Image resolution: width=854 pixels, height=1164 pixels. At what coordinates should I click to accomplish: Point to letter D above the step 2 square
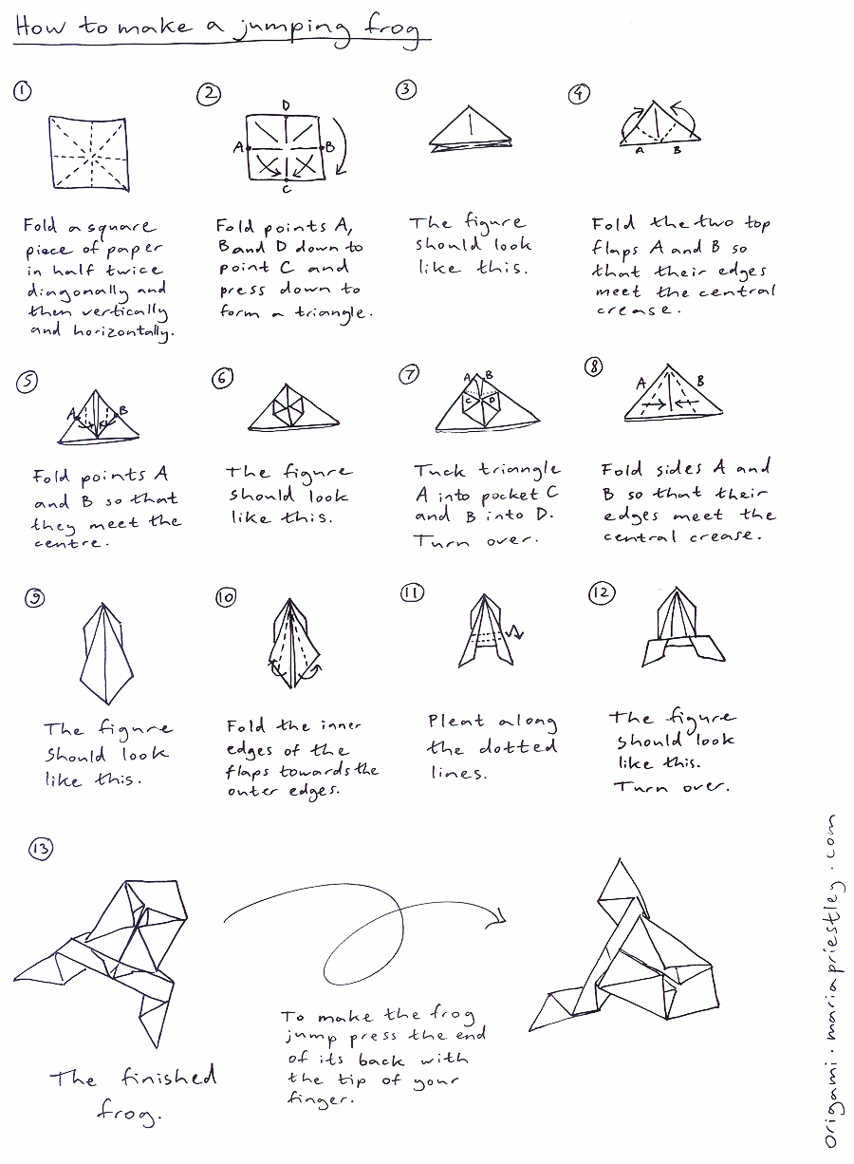click(286, 105)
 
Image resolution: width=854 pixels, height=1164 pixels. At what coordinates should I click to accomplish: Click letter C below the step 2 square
click(287, 189)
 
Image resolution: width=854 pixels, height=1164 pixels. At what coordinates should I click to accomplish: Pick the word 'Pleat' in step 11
click(456, 723)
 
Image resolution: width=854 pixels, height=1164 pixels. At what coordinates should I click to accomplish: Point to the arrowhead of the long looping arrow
click(499, 916)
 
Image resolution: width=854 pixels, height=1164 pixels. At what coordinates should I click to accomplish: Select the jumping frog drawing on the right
click(631, 968)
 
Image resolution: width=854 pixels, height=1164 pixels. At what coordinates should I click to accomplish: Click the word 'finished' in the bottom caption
click(168, 1078)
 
